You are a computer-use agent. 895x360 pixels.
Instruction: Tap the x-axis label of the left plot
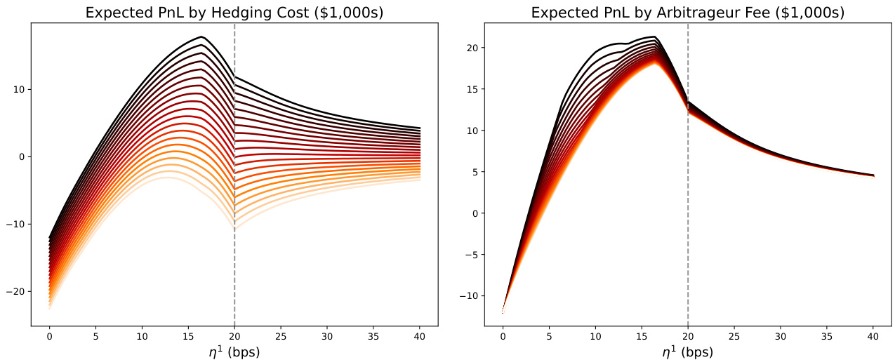[234, 352]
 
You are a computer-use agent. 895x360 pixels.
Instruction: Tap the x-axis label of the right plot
[687, 352]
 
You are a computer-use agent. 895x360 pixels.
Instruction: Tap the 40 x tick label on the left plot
[420, 336]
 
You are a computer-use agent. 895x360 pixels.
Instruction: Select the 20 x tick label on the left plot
[234, 336]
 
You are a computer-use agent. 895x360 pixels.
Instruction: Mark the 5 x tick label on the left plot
[95, 336]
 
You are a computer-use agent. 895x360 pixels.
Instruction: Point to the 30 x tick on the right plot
[780, 336]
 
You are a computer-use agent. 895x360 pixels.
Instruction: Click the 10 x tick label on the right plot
[595, 336]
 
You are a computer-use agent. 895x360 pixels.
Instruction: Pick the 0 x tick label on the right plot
[503, 336]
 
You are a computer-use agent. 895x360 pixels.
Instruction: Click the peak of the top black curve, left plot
[201, 36]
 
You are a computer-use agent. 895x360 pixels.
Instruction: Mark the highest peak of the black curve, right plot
[654, 36]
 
